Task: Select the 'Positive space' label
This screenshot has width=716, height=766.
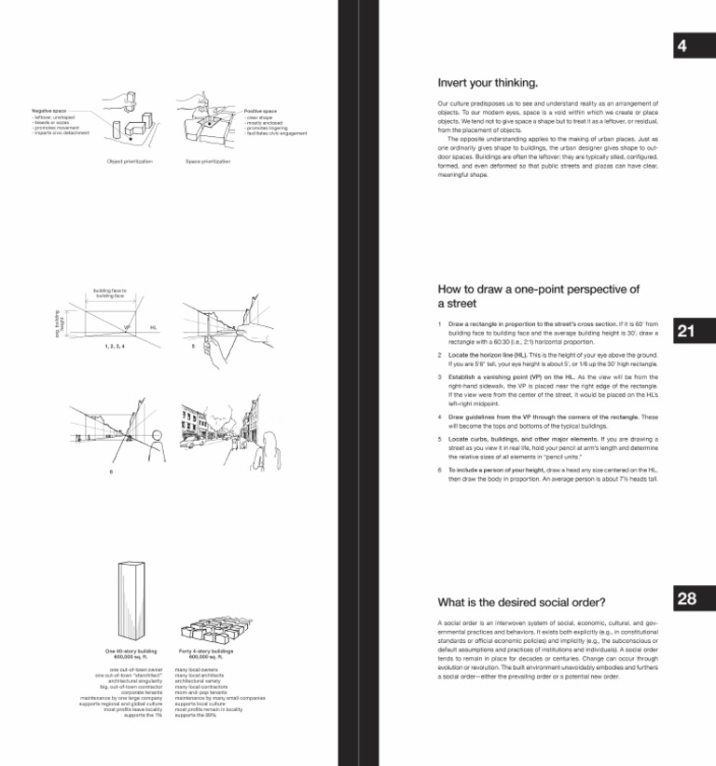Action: [261, 111]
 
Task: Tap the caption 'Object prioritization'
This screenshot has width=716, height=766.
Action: [130, 162]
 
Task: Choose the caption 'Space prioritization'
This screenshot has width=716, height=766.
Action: [208, 162]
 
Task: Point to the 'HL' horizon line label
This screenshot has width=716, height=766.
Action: [152, 328]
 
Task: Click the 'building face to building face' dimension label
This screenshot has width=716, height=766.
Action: [110, 292]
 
